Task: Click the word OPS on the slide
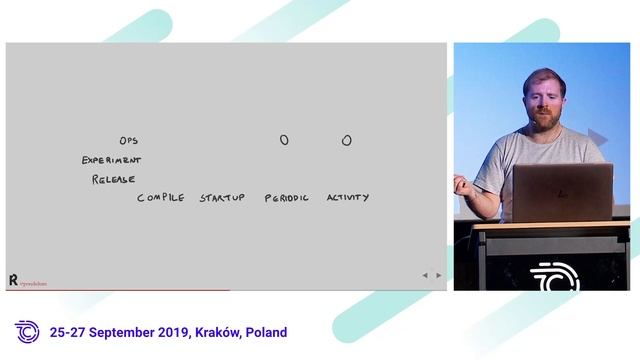pyautogui.click(x=128, y=141)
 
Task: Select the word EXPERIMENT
pyautogui.click(x=111, y=160)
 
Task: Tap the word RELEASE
pyautogui.click(x=113, y=179)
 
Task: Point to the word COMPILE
pyautogui.click(x=160, y=198)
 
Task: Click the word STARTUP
pyautogui.click(x=221, y=198)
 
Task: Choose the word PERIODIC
pyautogui.click(x=287, y=198)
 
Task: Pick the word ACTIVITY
pyautogui.click(x=347, y=198)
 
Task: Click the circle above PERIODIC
pyautogui.click(x=284, y=141)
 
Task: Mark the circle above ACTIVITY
pyautogui.click(x=346, y=141)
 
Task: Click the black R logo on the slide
pyautogui.click(x=13, y=280)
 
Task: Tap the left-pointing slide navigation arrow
pyautogui.click(x=424, y=275)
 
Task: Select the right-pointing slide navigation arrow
pyautogui.click(x=438, y=275)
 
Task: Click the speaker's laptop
pyautogui.click(x=561, y=192)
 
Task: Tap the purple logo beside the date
pyautogui.click(x=27, y=332)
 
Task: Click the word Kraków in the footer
pyautogui.click(x=219, y=333)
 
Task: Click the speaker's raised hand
pyautogui.click(x=460, y=183)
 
